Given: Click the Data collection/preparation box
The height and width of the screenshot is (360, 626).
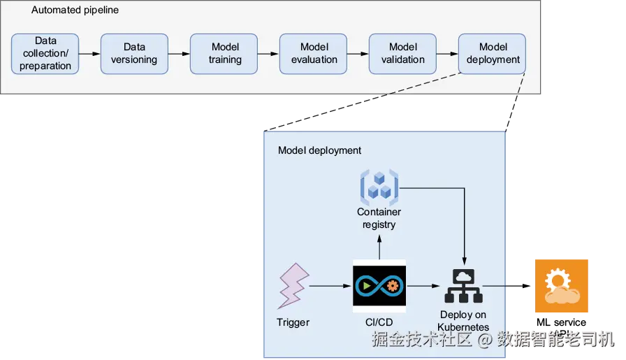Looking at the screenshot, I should pyautogui.click(x=45, y=54).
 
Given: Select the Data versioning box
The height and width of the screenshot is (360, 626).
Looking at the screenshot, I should pyautogui.click(x=134, y=54).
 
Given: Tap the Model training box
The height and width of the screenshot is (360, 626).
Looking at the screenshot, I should pyautogui.click(x=224, y=54).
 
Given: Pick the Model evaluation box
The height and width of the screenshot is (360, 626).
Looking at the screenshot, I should pyautogui.click(x=314, y=54).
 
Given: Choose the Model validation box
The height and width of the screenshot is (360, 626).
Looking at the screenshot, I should pyautogui.click(x=403, y=54).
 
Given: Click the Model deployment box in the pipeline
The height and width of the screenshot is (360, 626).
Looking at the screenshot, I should pyautogui.click(x=493, y=54).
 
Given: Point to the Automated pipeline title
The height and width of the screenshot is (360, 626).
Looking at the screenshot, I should pyautogui.click(x=75, y=10).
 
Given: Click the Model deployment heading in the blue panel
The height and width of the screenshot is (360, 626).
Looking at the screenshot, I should pyautogui.click(x=319, y=150).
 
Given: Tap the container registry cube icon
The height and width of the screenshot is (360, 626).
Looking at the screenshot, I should pyautogui.click(x=379, y=186).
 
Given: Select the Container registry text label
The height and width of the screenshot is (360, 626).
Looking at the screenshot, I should pyautogui.click(x=379, y=218).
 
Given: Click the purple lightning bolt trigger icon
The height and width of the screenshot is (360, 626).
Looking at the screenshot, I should pyautogui.click(x=293, y=285).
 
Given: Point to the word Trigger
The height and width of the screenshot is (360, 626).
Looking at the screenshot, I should pyautogui.click(x=293, y=322).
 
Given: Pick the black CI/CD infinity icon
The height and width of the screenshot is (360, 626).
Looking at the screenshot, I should pyautogui.click(x=379, y=286).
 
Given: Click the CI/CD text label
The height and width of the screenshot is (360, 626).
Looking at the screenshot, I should pyautogui.click(x=379, y=322).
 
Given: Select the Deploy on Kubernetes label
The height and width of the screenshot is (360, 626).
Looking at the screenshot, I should pyautogui.click(x=463, y=321).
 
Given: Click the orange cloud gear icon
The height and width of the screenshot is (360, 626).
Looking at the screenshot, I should pyautogui.click(x=560, y=285).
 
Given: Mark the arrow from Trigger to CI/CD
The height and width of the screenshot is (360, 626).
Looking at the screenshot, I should pyautogui.click(x=329, y=286).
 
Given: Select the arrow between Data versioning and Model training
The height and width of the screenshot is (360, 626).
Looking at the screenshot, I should pyautogui.click(x=179, y=54).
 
